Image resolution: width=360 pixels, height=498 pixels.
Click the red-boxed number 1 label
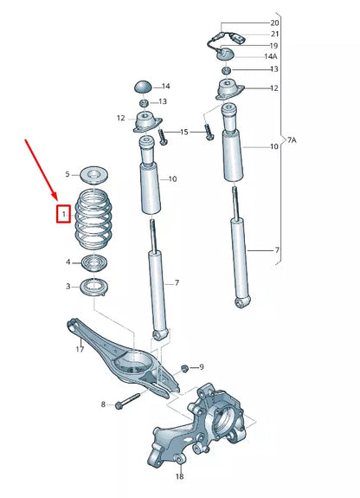(62, 212)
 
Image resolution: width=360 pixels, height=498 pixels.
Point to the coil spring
(94, 220)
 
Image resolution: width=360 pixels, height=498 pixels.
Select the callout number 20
(275, 23)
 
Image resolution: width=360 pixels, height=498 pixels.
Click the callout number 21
(275, 34)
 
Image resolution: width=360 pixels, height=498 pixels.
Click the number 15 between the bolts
(184, 132)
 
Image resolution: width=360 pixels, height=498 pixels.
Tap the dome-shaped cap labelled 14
(142, 87)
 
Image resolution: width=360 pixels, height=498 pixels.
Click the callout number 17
(79, 350)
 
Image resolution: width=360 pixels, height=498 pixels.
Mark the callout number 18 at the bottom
(179, 477)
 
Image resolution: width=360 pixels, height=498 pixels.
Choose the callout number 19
(275, 45)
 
